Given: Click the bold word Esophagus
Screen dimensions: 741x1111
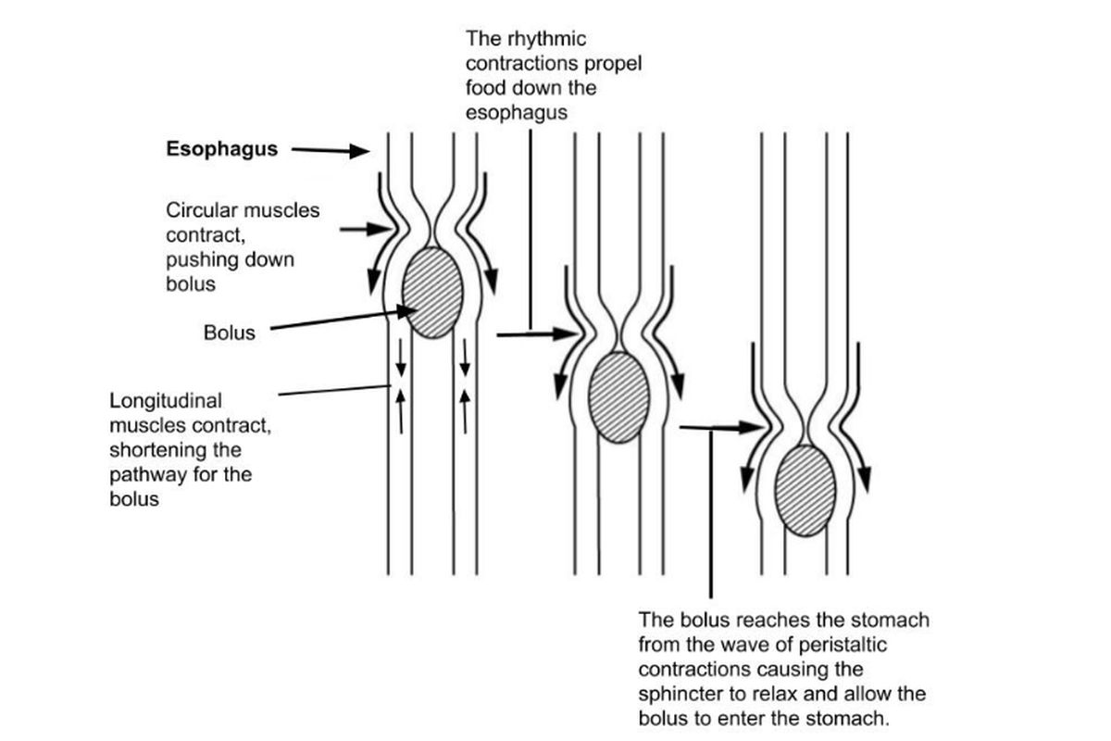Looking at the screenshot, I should (222, 149).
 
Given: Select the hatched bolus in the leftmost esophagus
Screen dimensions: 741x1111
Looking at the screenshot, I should (432, 293).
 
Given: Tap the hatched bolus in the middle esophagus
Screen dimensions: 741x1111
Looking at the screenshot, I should (618, 397).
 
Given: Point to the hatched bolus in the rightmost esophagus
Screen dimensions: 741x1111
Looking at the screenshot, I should (805, 490).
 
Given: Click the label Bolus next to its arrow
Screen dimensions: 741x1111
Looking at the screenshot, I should (229, 333).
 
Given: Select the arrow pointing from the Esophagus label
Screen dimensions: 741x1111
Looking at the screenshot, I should (331, 151).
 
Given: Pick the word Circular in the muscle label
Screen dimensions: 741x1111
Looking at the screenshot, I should (197, 210).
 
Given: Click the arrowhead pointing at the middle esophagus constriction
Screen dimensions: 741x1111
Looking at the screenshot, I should (567, 333).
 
